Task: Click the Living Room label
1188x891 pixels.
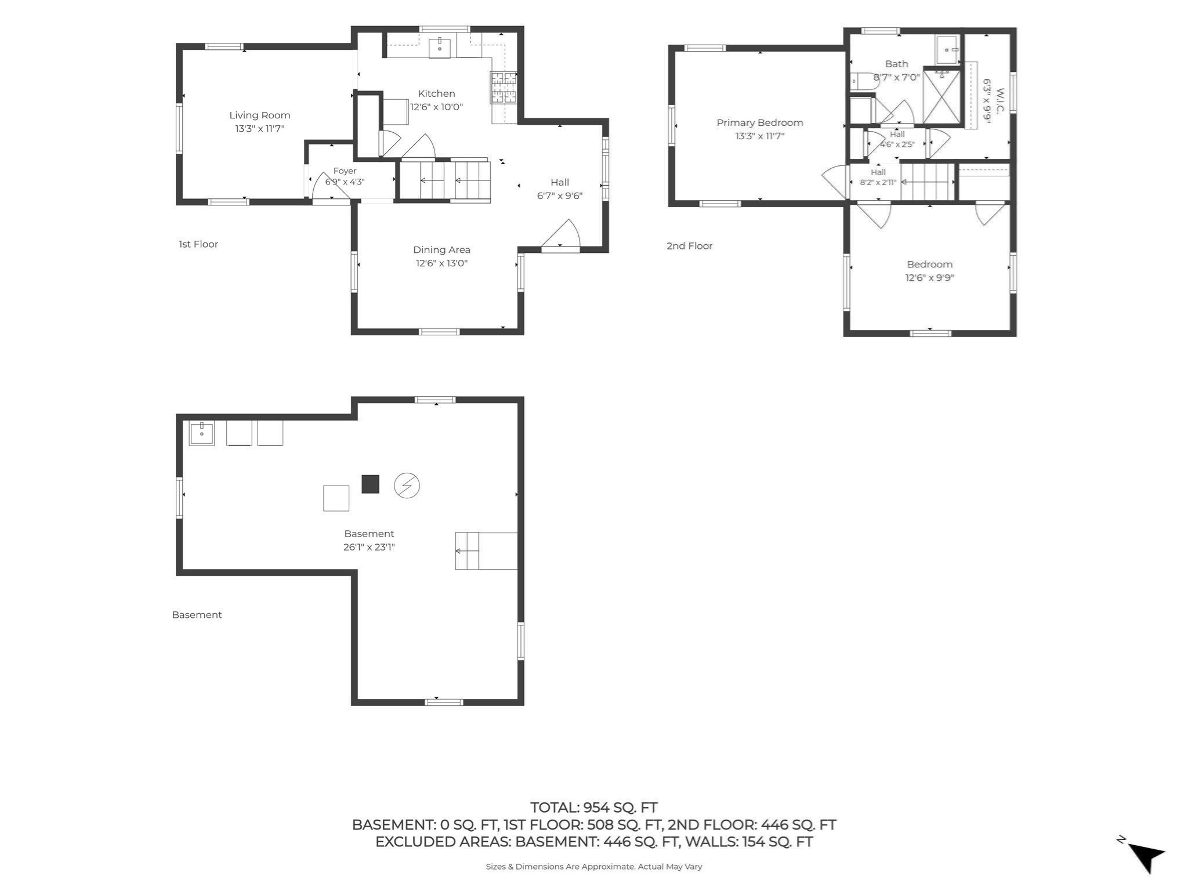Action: point(260,115)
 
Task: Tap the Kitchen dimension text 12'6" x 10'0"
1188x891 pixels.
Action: point(437,107)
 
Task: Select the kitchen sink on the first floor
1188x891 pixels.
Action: point(440,48)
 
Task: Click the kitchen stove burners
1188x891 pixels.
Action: point(504,88)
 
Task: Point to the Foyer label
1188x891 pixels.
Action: point(345,171)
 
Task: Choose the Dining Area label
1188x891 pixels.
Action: point(441,250)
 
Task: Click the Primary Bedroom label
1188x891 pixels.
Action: point(760,123)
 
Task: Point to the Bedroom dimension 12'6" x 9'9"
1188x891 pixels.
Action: point(930,278)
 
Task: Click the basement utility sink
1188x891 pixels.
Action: point(202,433)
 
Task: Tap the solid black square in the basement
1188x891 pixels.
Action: point(371,484)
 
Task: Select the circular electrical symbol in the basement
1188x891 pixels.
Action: point(407,486)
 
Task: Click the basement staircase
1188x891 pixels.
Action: point(486,550)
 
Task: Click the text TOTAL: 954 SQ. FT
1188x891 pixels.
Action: point(594,807)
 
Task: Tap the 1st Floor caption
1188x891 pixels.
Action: point(198,244)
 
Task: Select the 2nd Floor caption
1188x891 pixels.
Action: point(690,246)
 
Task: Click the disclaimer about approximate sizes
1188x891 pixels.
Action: point(594,867)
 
